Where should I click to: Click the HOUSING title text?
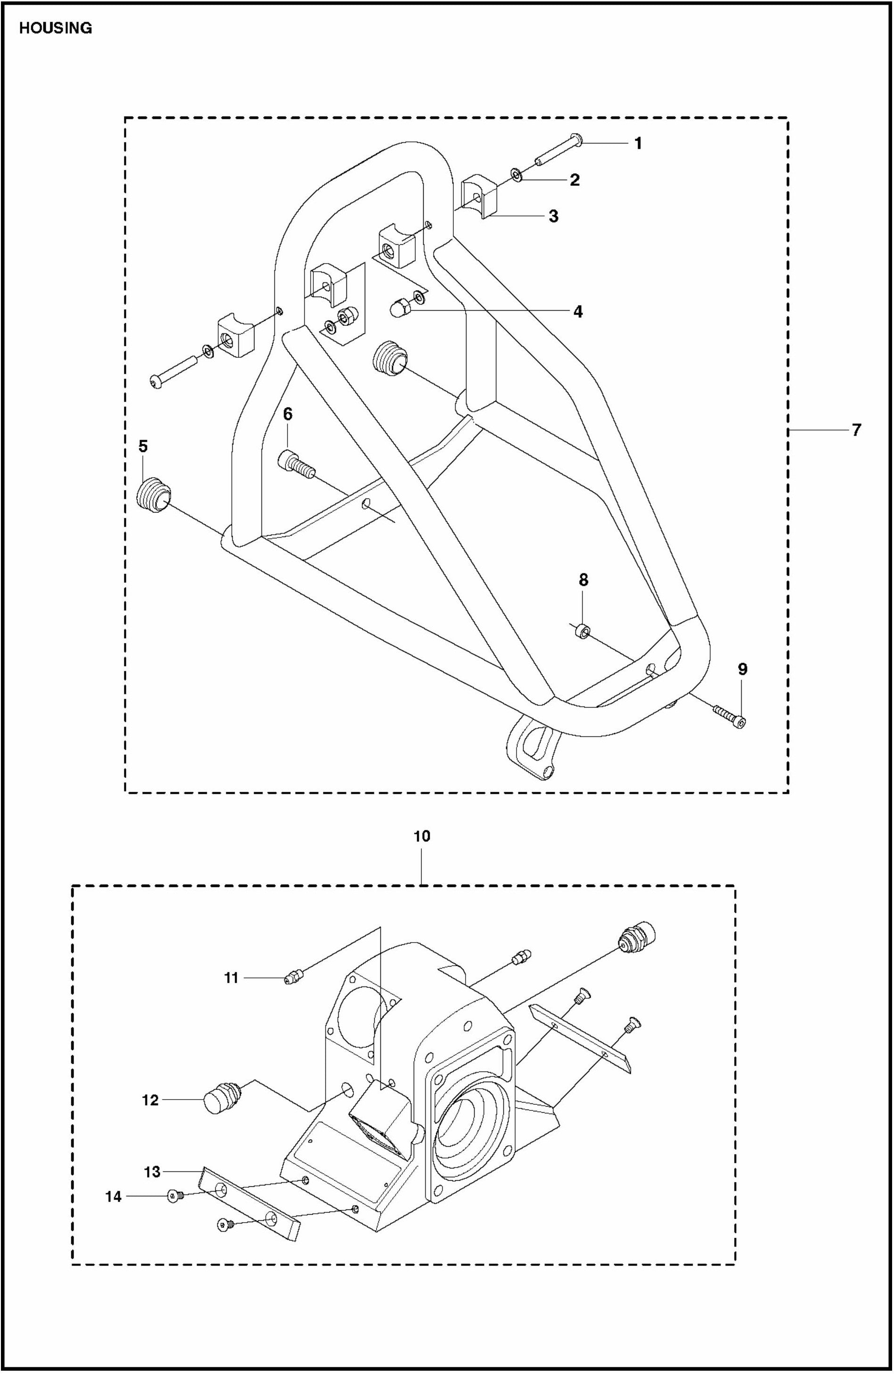[56, 28]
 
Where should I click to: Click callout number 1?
[638, 143]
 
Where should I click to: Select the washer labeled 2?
[517, 174]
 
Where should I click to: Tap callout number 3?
[553, 216]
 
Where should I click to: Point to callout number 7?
[856, 430]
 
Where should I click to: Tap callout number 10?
[422, 836]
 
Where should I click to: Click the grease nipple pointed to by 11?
[295, 977]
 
